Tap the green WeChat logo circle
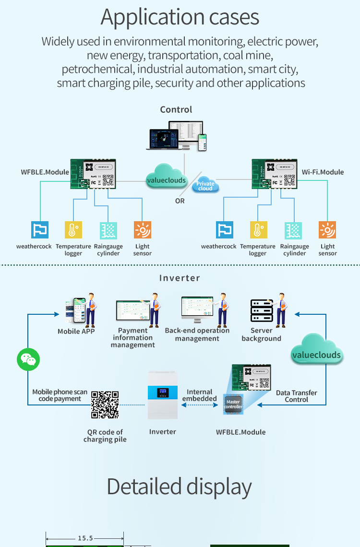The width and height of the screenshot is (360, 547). pyautogui.click(x=28, y=359)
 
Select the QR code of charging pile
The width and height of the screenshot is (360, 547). pyautogui.click(x=105, y=405)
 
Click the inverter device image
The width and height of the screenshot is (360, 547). pyautogui.click(x=163, y=394)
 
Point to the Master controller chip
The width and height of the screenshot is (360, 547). pyautogui.click(x=233, y=404)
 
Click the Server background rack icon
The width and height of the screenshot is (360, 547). pyautogui.click(x=262, y=310)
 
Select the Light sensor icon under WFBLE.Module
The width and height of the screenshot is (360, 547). pyautogui.click(x=143, y=230)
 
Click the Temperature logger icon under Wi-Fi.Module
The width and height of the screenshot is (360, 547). pyautogui.click(x=258, y=230)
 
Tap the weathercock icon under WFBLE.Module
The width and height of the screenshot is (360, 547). pyautogui.click(x=40, y=230)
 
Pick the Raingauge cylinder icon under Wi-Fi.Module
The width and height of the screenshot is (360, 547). pyautogui.click(x=294, y=230)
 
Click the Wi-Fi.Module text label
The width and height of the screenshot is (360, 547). pyautogui.click(x=323, y=172)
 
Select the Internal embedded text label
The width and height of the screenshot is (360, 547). pyautogui.click(x=200, y=395)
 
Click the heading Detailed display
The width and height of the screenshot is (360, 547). pyautogui.click(x=180, y=487)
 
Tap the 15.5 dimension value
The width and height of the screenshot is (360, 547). pyautogui.click(x=85, y=539)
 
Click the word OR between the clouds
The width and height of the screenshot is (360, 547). pyautogui.click(x=180, y=201)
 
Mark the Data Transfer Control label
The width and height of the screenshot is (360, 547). pyautogui.click(x=297, y=396)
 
